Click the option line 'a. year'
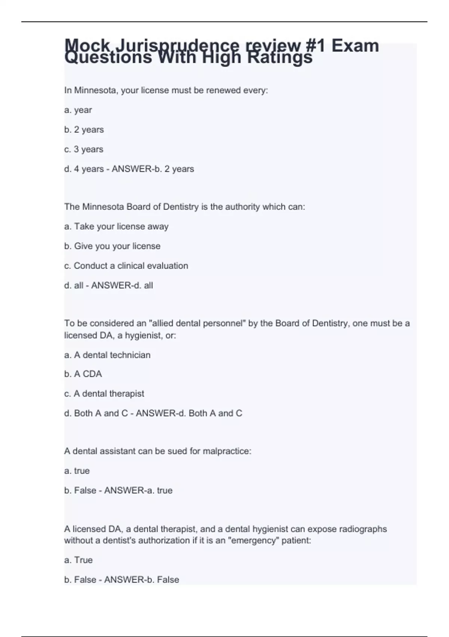point(78,110)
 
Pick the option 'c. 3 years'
point(83,150)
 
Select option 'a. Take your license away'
point(116,227)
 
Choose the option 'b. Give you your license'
point(112,246)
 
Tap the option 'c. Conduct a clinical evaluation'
point(126,266)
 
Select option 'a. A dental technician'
point(107,355)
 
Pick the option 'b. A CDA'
point(83,374)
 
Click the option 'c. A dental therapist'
point(104,394)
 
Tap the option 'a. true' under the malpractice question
point(77,471)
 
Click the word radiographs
point(363,529)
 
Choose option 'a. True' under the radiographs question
point(78,560)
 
